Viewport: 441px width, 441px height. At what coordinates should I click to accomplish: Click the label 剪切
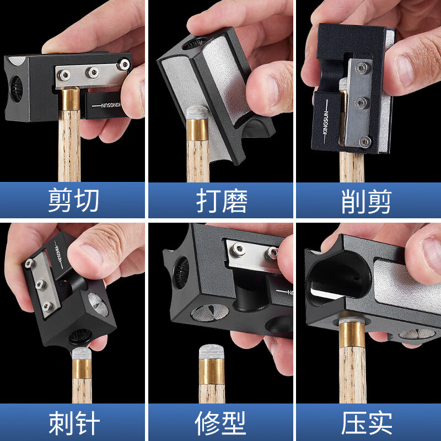click(x=73, y=201)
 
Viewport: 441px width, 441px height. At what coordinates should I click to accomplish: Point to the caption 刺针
click(x=73, y=423)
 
